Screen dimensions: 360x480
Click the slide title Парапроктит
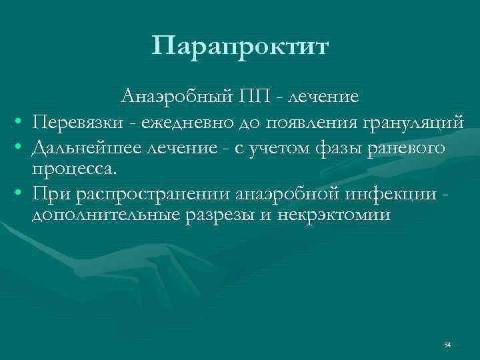(x=240, y=47)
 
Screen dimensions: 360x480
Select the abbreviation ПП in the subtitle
(x=254, y=97)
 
